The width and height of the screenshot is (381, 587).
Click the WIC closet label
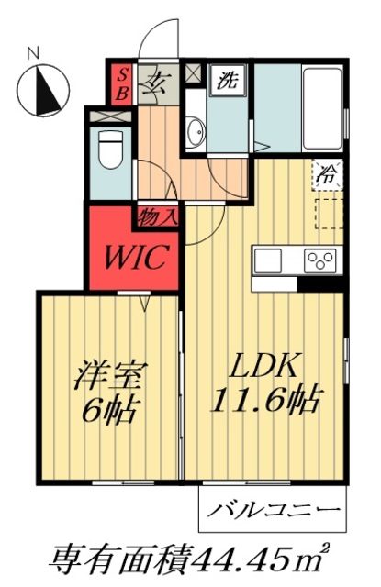(135, 257)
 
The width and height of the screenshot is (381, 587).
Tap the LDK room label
(265, 365)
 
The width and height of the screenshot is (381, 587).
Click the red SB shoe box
(121, 85)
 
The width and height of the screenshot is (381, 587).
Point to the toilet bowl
(110, 150)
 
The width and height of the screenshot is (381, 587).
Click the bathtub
(322, 108)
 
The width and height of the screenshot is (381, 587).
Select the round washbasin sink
(196, 132)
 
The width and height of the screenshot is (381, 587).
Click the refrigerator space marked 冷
(328, 174)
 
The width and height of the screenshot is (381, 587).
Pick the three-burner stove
(319, 260)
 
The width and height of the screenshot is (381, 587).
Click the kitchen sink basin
(268, 260)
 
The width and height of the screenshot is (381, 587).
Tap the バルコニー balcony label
(275, 510)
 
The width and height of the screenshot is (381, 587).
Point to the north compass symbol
(43, 90)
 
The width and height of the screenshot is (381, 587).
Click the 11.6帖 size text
(267, 400)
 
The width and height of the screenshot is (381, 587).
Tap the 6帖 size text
(108, 409)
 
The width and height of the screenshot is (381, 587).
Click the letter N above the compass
(34, 54)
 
